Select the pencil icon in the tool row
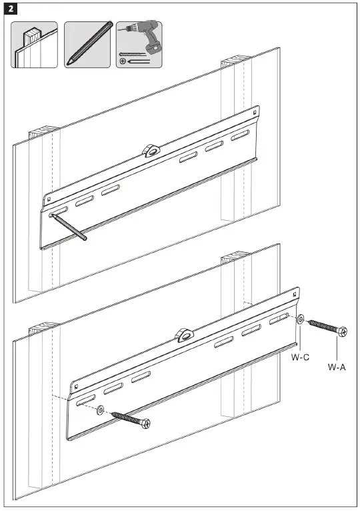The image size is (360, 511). click(x=87, y=45)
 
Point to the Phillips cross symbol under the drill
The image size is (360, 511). click(x=122, y=61)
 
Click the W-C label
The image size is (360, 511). click(x=300, y=358)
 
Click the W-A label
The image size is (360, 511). click(x=337, y=367)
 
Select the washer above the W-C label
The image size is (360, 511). click(x=301, y=320)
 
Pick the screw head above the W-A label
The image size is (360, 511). click(x=342, y=331)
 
